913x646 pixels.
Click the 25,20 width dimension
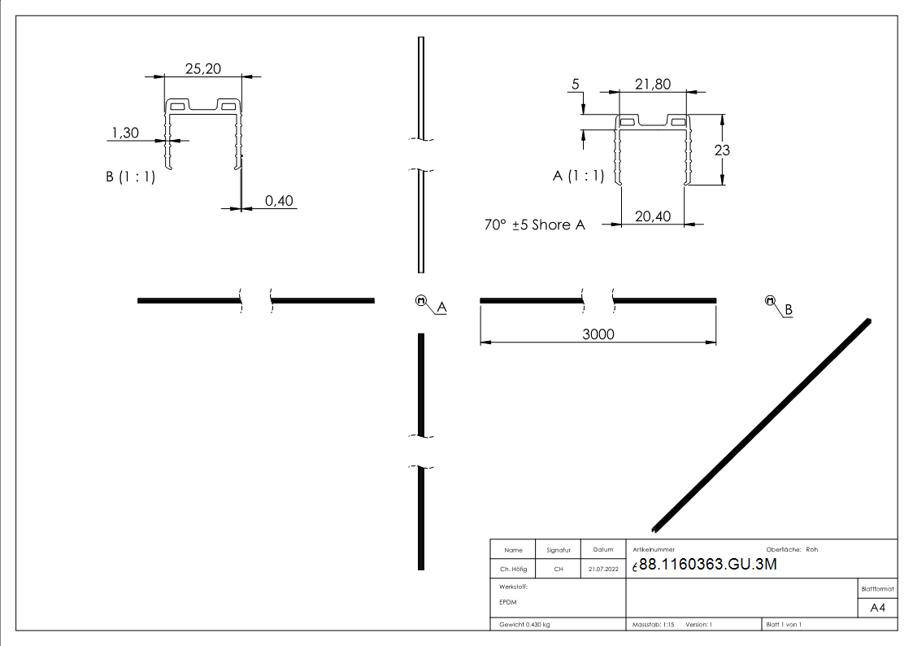tap(202, 69)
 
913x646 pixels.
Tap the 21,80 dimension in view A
tap(653, 84)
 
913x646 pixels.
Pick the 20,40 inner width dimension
tap(652, 216)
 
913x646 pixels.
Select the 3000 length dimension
tap(598, 334)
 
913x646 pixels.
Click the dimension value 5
tap(576, 85)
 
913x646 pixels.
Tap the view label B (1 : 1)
tap(130, 177)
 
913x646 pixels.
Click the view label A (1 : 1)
tap(579, 176)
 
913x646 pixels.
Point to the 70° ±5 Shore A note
tap(534, 225)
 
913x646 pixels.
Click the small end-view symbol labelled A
tap(421, 300)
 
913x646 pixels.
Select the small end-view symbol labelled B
tap(770, 300)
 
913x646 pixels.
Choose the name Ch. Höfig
tap(512, 570)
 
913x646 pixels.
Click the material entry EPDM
tap(508, 602)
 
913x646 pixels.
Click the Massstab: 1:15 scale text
tap(654, 624)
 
